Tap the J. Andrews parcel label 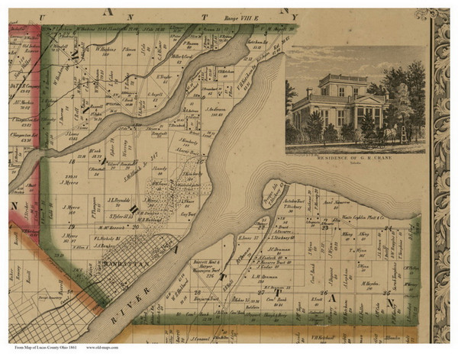[x=216, y=108]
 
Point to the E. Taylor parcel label [x=163, y=77]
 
